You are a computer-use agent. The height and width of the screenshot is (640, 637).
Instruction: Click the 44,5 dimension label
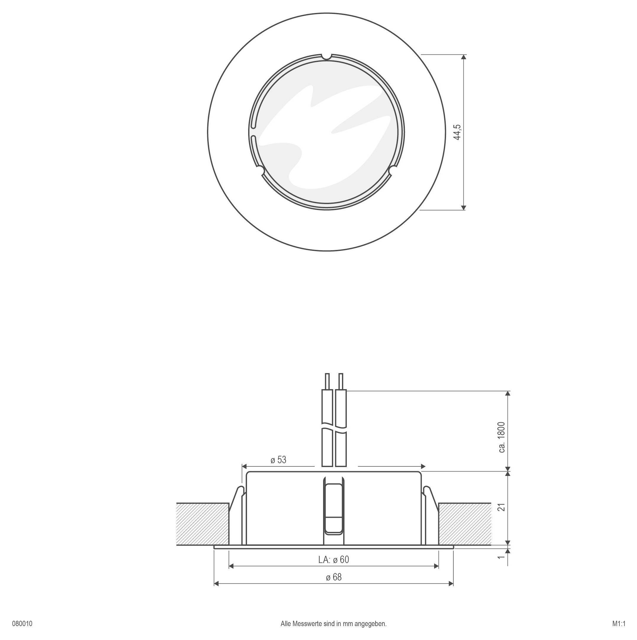click(x=457, y=132)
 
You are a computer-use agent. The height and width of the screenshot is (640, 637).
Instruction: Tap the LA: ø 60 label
click(x=333, y=559)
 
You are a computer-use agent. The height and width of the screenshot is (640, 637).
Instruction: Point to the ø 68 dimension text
click(x=333, y=577)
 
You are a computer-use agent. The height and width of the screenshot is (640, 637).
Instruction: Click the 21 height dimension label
click(x=502, y=507)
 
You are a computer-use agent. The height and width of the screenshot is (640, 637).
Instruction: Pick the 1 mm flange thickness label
click(x=502, y=557)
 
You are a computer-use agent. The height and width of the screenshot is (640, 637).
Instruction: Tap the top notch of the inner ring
click(x=327, y=57)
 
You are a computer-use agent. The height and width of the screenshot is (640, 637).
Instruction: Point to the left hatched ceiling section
click(x=202, y=524)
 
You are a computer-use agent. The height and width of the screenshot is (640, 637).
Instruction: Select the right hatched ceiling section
click(x=464, y=524)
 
